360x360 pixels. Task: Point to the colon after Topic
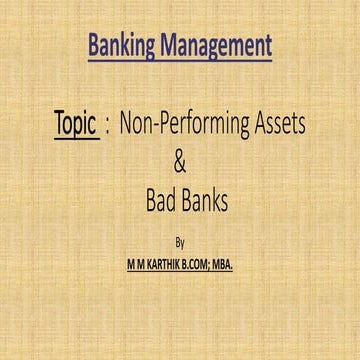[x=107, y=127]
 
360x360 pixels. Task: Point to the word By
[x=180, y=242]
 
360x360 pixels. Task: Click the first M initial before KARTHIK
[x=118, y=262]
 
